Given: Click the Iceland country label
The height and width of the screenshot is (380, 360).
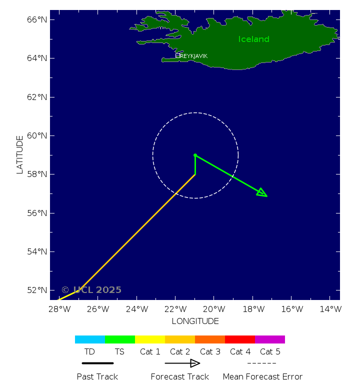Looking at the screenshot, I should click(x=253, y=39).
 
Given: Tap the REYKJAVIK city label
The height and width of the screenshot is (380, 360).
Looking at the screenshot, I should click(x=193, y=56).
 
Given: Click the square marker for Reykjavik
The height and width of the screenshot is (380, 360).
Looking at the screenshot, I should click(x=177, y=56).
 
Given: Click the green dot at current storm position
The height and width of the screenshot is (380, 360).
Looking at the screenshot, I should click(x=195, y=155).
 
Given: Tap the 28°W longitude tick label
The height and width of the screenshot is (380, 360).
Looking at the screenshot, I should click(x=59, y=309).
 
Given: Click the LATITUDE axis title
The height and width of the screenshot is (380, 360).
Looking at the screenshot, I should click(x=20, y=154).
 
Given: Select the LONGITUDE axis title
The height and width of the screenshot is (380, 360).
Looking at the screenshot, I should click(x=195, y=321).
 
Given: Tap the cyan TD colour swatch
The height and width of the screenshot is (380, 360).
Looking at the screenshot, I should click(x=90, y=339).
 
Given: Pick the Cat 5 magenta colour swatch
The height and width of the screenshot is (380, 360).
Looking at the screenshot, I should click(x=270, y=339).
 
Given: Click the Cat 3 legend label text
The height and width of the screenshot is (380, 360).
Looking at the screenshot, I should click(x=210, y=352).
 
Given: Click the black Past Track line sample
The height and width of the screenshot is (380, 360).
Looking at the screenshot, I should click(x=97, y=363).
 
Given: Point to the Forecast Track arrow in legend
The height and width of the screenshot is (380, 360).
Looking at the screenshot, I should click(x=182, y=363).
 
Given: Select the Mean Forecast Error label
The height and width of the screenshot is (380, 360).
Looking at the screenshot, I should click(x=262, y=376).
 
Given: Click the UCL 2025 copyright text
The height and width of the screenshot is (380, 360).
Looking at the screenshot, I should click(x=91, y=290).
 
